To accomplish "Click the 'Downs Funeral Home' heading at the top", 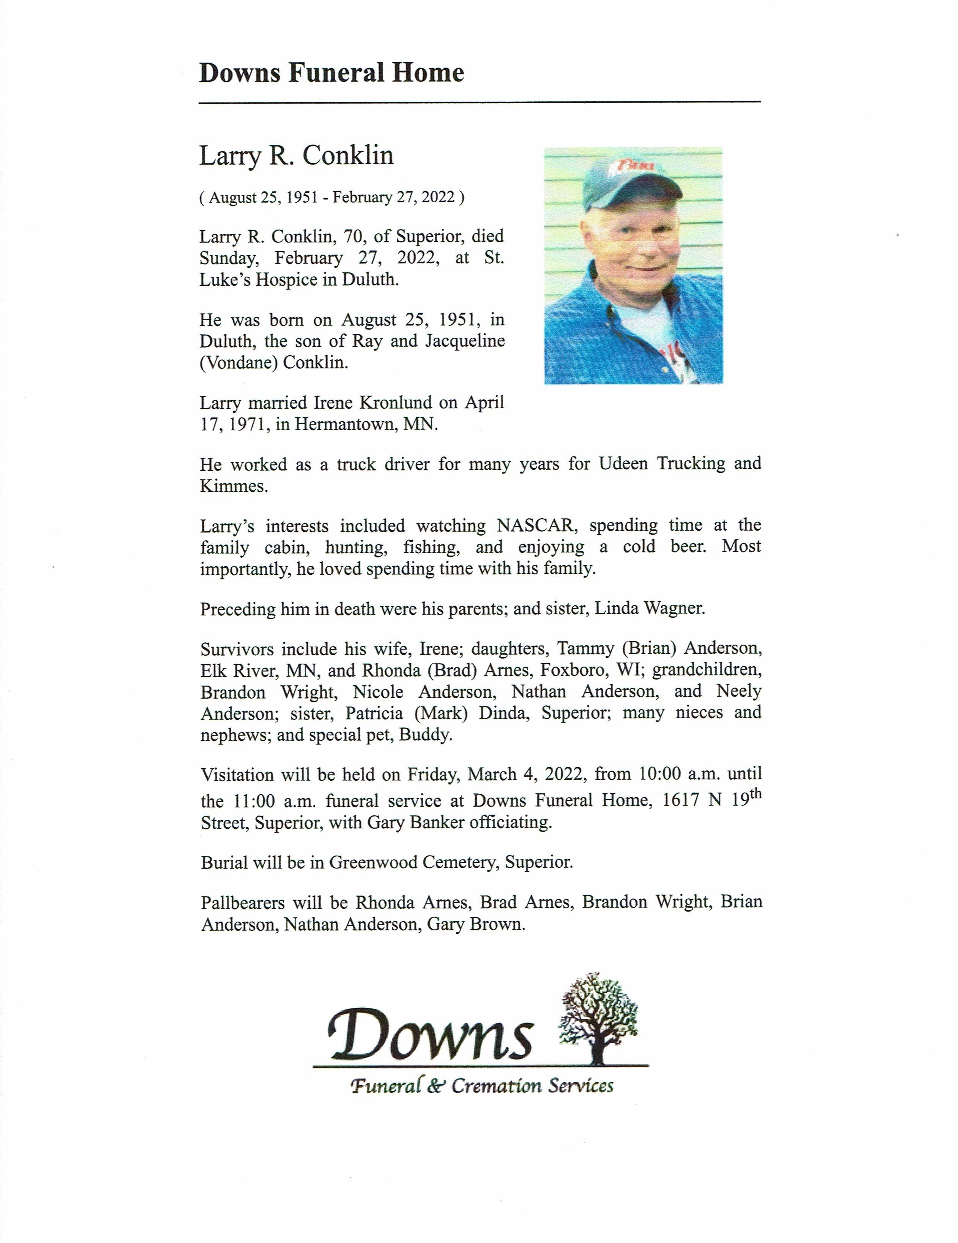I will [x=331, y=73].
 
